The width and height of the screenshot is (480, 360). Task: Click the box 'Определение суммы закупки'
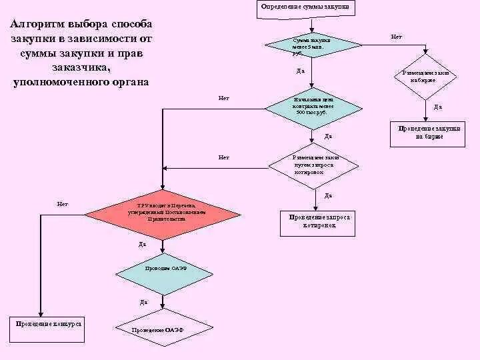click(305, 7)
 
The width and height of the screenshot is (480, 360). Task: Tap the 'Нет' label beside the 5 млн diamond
click(397, 37)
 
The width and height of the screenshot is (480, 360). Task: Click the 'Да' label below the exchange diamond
click(438, 107)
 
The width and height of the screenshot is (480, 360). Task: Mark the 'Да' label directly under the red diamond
click(142, 244)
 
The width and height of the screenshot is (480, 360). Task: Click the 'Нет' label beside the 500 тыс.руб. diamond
click(224, 98)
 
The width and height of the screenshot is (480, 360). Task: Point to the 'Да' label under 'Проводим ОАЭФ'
click(144, 302)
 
